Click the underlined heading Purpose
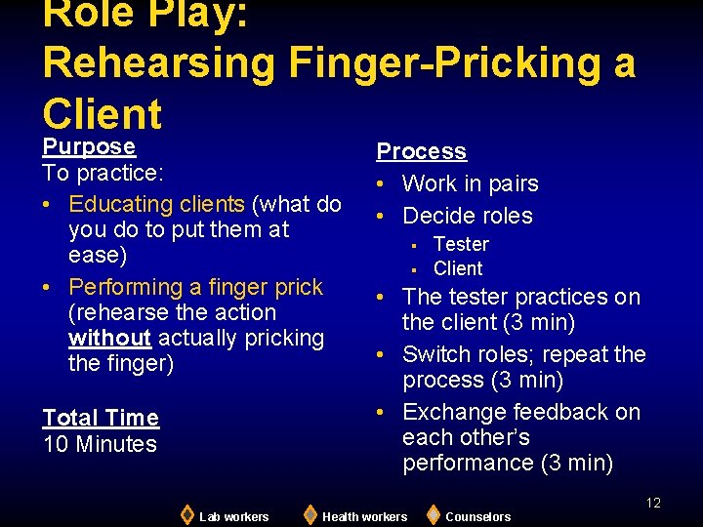[89, 146]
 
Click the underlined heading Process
[421, 151]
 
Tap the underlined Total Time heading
[101, 418]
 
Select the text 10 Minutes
[100, 444]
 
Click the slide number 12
[653, 503]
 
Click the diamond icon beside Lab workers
[186, 514]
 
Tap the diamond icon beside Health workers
[310, 514]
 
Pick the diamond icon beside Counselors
[433, 514]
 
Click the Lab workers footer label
[233, 516]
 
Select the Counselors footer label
[477, 516]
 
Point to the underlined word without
[109, 339]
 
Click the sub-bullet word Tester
[461, 244]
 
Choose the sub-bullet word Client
[458, 268]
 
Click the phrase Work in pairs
[470, 183]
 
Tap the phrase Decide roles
[467, 216]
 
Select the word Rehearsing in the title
[159, 62]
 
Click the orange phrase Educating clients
[157, 204]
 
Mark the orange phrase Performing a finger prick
[195, 287]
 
